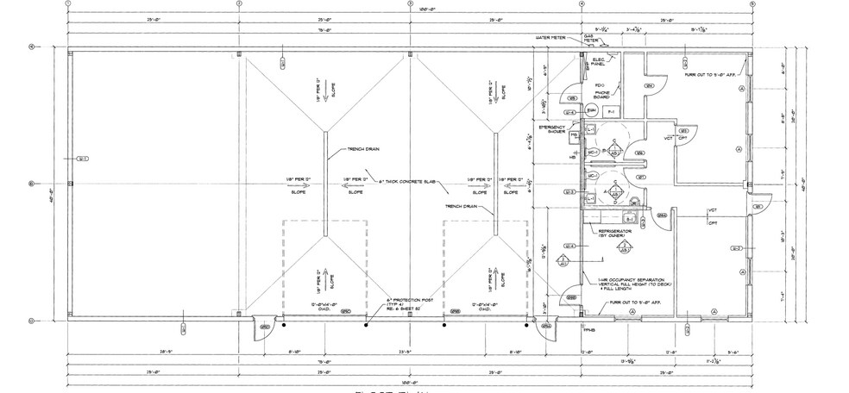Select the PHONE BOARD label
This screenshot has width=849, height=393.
pos(602,96)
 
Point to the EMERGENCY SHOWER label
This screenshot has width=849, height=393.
pos(552,129)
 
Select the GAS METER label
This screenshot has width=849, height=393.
pos(591,39)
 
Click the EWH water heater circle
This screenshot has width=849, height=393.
pos(592,111)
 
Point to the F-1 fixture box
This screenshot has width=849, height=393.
pos(611,112)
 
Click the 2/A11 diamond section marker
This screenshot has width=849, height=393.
pos(561,259)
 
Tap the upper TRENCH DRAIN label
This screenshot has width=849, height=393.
pos(364,149)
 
